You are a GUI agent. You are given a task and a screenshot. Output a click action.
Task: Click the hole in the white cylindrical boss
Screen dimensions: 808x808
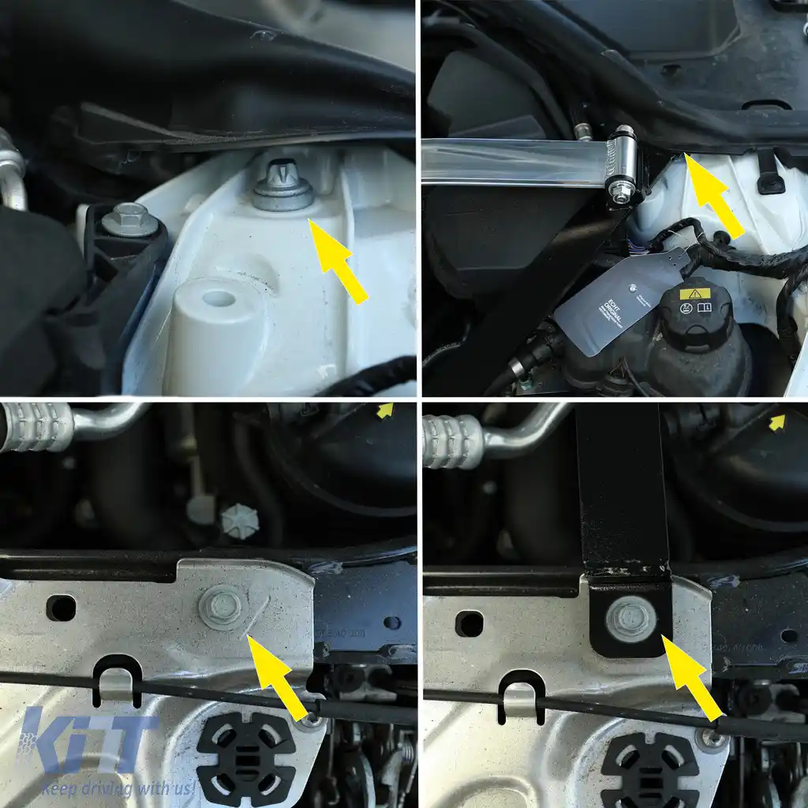pyautogui.click(x=219, y=298)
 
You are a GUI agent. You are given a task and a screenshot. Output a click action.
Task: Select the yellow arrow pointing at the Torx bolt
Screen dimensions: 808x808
pyautogui.click(x=337, y=260)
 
